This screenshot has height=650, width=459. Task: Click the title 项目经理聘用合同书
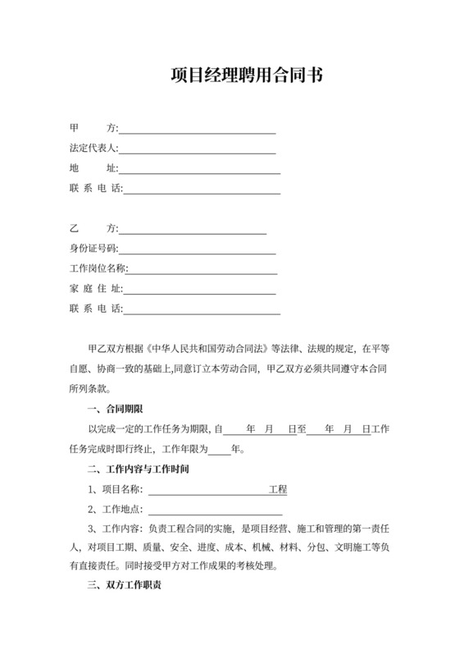coord(246,76)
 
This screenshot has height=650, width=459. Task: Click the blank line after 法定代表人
coord(198,149)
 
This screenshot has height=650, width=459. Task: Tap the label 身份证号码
coord(94,249)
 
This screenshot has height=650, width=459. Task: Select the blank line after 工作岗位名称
coord(202,268)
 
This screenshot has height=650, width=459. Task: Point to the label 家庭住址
coord(95,289)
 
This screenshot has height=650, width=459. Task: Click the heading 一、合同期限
coord(114,409)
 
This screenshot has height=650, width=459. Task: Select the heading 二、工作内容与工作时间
coord(138,469)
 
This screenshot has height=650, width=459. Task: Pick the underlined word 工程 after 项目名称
coord(278,490)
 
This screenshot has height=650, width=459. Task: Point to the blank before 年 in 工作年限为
coord(220,449)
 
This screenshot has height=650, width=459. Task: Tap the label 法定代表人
coord(94,149)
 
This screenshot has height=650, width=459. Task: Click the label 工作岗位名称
coord(99,268)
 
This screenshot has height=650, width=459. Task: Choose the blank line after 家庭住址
coord(199,289)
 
